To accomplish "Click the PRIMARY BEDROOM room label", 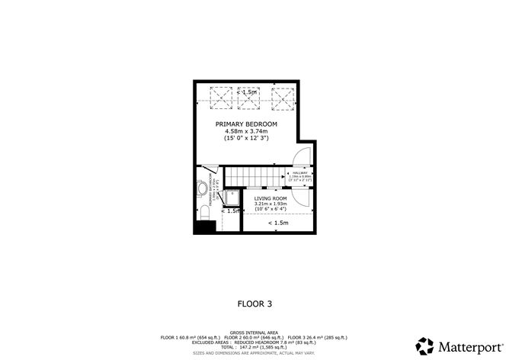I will [x=246, y=124].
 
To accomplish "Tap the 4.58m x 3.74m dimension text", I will [x=246, y=131].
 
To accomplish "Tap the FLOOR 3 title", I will [x=254, y=303].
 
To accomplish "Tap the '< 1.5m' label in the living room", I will [x=277, y=223].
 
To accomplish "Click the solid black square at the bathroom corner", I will [x=203, y=227].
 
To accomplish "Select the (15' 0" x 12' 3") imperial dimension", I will [x=246, y=139].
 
